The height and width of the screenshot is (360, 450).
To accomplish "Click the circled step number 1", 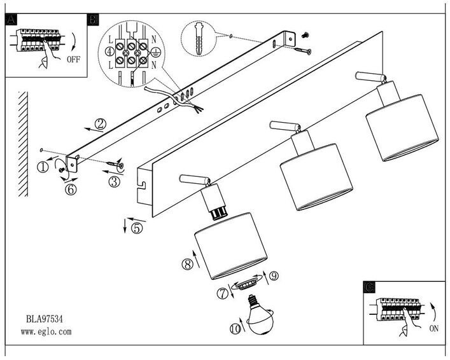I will (43, 167).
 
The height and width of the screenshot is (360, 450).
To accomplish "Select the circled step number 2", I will (99, 123).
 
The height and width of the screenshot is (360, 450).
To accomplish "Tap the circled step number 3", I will (114, 182).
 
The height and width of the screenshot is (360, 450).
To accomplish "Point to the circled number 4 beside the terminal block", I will (109, 50).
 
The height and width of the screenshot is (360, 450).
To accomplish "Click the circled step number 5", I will (137, 227).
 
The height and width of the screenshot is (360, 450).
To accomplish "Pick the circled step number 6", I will (71, 189).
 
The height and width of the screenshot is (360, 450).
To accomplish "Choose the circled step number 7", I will (222, 293).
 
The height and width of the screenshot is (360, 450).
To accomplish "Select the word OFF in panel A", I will (74, 62).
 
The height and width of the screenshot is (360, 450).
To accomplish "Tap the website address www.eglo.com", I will (46, 331).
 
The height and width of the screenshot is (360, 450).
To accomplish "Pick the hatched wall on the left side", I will (24, 143).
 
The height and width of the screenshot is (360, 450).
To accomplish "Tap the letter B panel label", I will (93, 20).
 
